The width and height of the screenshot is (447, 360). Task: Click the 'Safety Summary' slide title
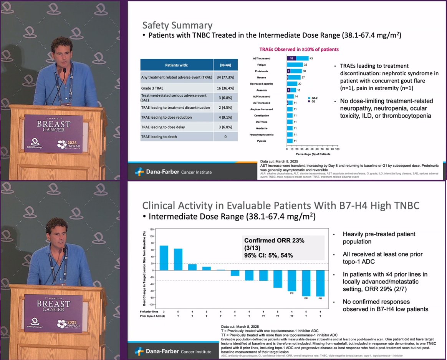(x=177, y=25)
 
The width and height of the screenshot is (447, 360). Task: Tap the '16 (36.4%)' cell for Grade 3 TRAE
(x=225, y=88)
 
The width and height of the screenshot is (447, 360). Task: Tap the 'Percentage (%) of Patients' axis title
(x=312, y=154)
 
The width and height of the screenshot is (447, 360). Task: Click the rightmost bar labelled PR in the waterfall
(x=321, y=283)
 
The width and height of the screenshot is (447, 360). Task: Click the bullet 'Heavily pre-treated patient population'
(x=378, y=237)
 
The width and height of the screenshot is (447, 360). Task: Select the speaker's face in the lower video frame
(x=56, y=234)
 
